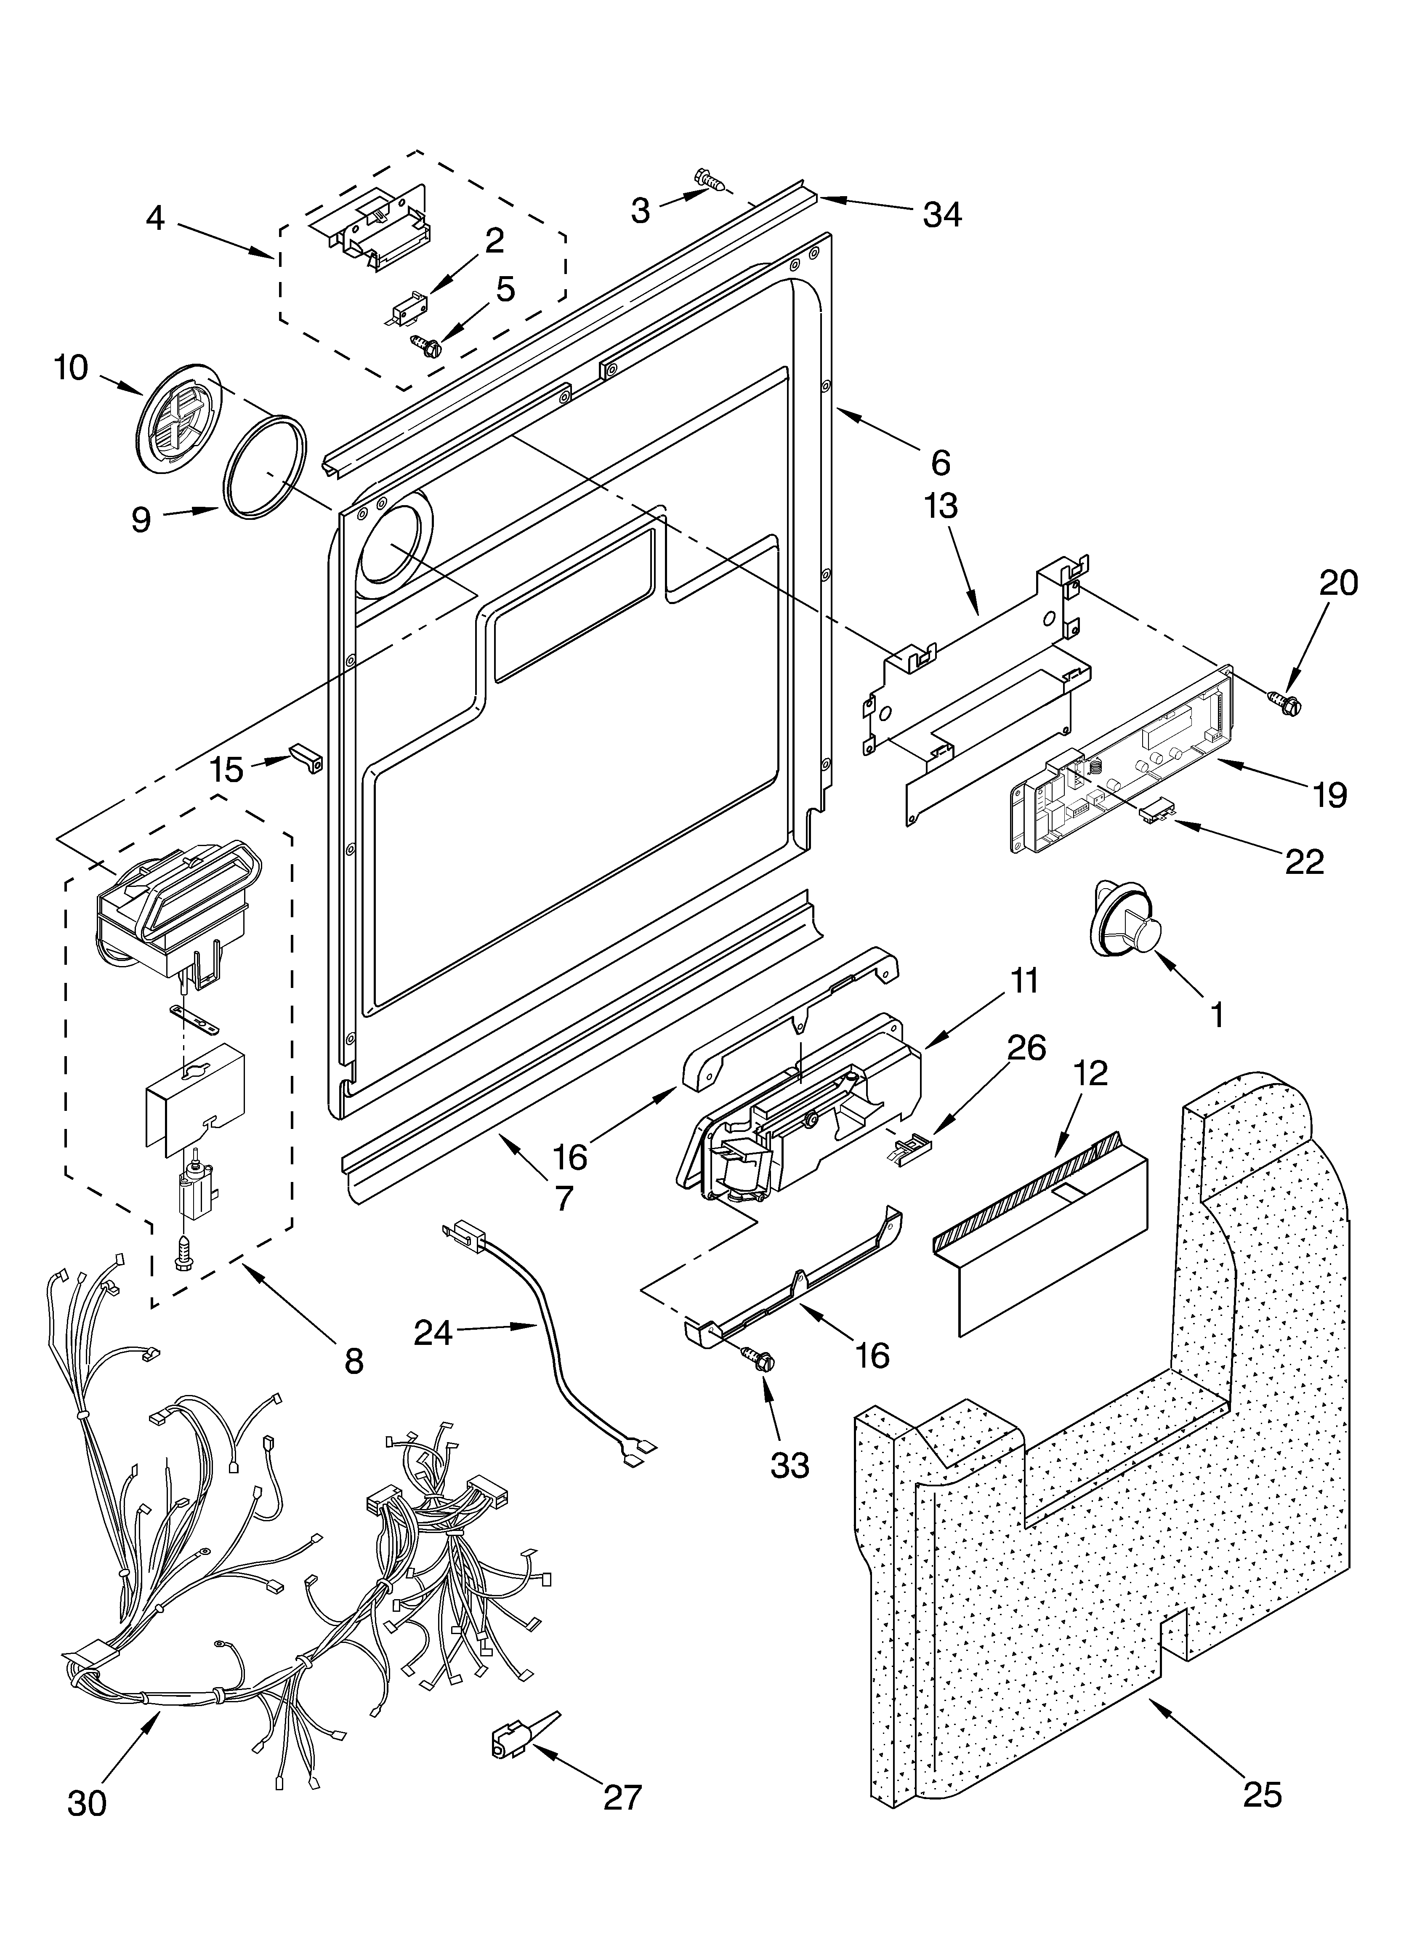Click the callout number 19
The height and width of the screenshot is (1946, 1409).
(x=1329, y=796)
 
